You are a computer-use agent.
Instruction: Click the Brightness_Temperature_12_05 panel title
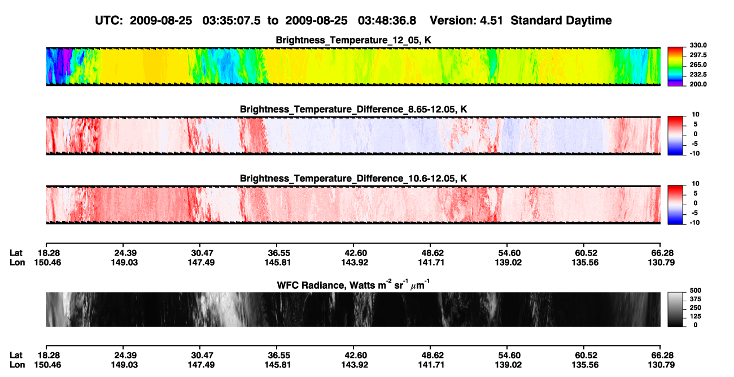(353, 40)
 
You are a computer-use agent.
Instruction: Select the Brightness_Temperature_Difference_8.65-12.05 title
(353, 109)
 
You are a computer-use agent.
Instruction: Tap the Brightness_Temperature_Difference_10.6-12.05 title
(353, 179)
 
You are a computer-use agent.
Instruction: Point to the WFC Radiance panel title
(353, 285)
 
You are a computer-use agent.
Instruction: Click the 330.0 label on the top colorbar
(698, 45)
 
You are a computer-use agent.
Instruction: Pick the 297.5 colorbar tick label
(698, 55)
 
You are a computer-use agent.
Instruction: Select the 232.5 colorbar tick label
(698, 75)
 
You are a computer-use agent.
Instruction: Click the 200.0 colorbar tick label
(698, 84)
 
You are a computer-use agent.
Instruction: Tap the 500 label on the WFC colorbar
(696, 291)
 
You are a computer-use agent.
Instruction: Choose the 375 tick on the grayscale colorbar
(696, 299)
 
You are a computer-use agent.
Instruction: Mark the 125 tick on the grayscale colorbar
(696, 317)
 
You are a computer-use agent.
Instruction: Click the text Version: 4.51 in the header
(466, 21)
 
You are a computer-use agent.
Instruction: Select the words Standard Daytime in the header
(561, 21)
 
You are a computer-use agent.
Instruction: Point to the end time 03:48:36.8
(387, 21)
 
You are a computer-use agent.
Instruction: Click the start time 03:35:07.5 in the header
(231, 21)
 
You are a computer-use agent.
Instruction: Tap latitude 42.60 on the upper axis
(355, 253)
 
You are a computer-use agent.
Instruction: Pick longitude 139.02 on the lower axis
(508, 365)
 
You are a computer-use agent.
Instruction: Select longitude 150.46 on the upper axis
(47, 262)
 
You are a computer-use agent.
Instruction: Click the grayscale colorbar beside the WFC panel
(675, 309)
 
